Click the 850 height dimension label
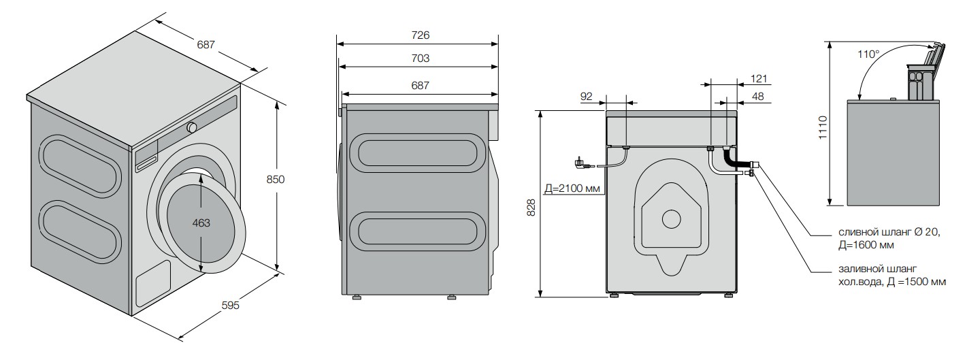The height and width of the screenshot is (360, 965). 276,179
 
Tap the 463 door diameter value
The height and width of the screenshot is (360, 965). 201,223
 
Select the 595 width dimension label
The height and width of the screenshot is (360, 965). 230,306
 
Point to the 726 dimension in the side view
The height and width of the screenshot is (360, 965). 420,35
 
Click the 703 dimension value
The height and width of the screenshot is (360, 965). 420,58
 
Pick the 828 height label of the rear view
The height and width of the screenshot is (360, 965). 531,207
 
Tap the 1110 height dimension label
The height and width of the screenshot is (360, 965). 823,127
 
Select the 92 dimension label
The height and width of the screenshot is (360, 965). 587,97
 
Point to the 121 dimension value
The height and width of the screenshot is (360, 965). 759,79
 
